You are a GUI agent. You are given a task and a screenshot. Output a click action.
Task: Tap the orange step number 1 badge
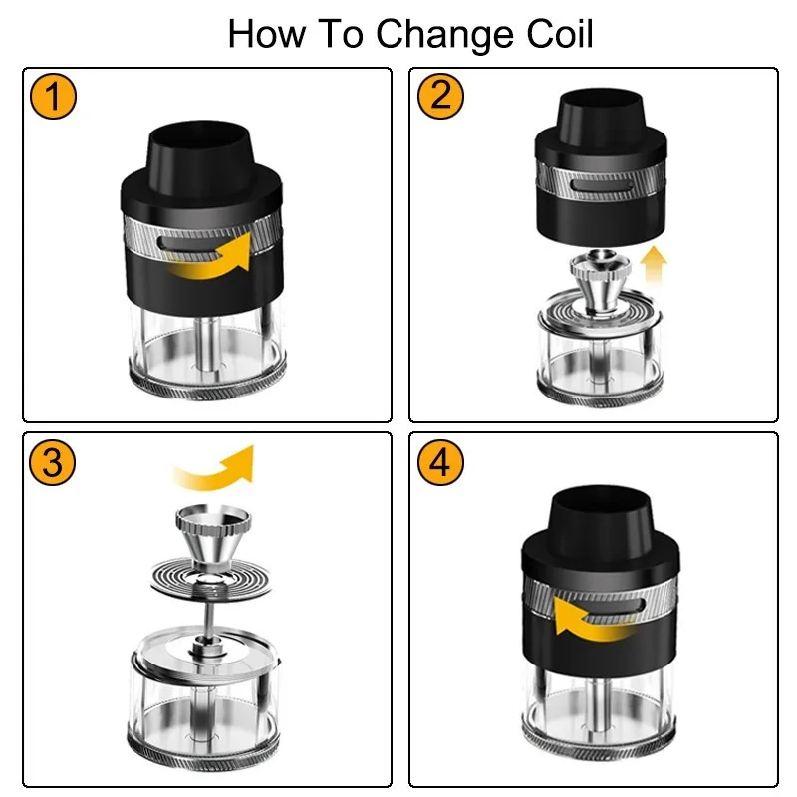click(x=55, y=98)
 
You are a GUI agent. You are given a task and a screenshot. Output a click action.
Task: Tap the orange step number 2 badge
click(x=441, y=98)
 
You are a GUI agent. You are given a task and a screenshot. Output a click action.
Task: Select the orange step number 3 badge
click(x=55, y=463)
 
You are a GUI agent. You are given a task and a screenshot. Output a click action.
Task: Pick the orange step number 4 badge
click(x=441, y=463)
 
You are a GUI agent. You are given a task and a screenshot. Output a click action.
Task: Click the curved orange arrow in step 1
click(x=208, y=256)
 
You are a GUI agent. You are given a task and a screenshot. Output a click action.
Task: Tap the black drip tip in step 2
click(x=596, y=112)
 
